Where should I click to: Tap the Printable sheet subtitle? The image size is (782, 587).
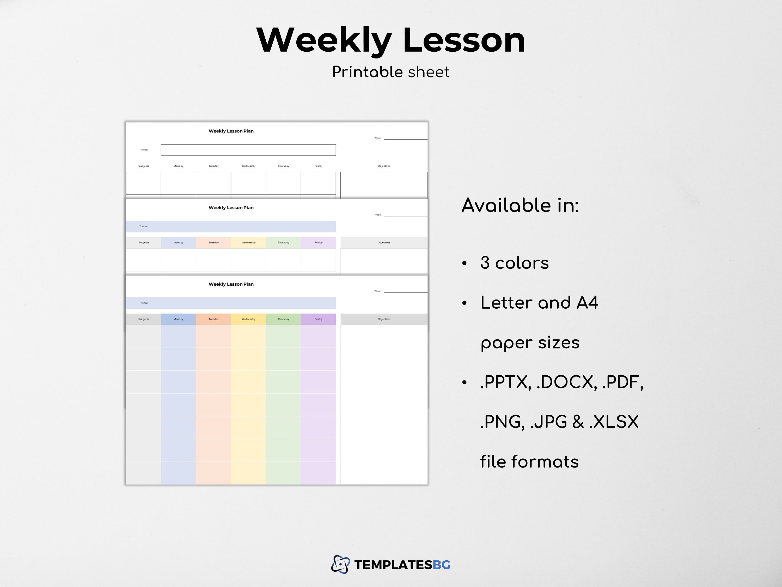(x=391, y=72)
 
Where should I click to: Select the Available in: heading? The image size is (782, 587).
(x=520, y=205)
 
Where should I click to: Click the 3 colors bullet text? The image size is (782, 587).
(x=514, y=263)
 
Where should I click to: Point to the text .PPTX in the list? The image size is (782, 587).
(x=505, y=382)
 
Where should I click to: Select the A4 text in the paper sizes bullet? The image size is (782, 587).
(x=587, y=303)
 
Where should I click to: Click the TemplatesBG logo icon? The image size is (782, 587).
(x=340, y=564)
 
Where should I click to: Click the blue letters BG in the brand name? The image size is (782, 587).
(x=442, y=565)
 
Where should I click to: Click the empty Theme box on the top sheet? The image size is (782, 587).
(x=248, y=150)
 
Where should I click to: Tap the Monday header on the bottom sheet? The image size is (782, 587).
(x=178, y=319)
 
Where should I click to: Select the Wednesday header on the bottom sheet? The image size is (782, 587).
(x=248, y=319)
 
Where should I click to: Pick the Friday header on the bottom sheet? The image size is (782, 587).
(x=318, y=319)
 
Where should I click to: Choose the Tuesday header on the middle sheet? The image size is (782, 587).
(x=213, y=243)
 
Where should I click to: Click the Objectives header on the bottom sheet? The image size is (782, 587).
(x=384, y=319)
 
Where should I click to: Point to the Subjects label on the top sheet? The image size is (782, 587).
(x=144, y=166)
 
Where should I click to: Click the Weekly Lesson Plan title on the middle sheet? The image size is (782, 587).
(x=231, y=208)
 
